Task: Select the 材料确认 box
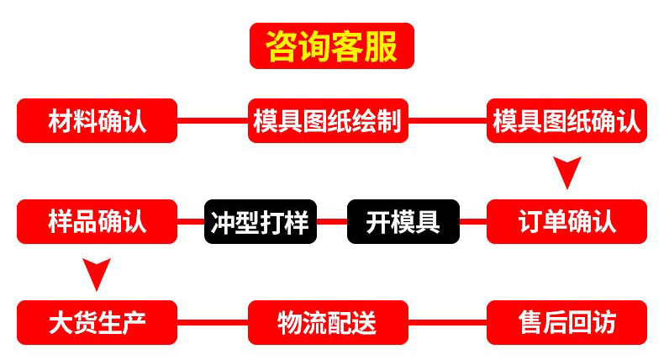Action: tap(97, 121)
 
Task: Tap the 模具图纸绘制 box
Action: tap(328, 121)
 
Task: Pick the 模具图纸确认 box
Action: tap(567, 121)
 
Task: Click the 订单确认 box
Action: tap(567, 221)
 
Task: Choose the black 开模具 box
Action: tap(403, 221)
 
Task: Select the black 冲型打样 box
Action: tap(261, 221)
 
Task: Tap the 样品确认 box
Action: tap(97, 221)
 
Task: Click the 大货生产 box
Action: tap(97, 322)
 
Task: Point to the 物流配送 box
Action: tap(328, 322)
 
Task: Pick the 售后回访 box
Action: tap(567, 322)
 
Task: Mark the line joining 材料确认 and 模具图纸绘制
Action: tap(213, 121)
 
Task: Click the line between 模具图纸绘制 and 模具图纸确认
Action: tap(447, 121)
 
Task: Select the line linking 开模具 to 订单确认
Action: tap(473, 222)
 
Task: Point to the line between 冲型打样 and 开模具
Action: tap(332, 222)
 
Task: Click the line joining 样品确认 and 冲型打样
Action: tap(191, 222)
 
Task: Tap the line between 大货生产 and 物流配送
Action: tap(213, 322)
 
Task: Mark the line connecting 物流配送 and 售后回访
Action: tap(447, 322)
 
